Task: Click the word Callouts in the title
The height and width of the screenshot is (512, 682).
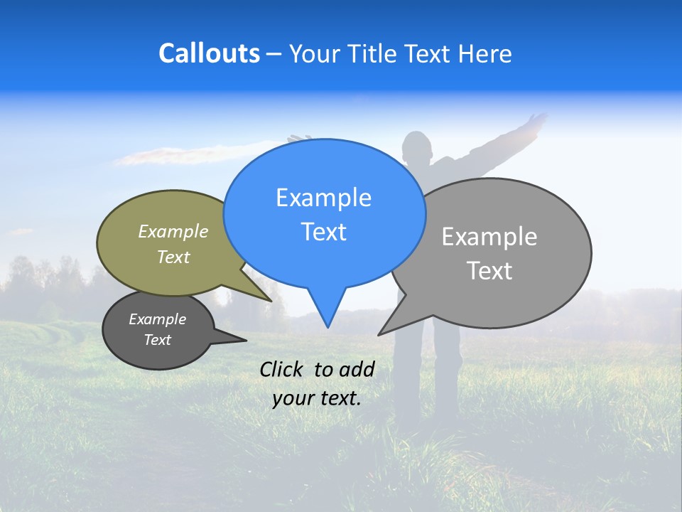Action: [209, 54]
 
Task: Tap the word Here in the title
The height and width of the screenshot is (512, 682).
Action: [485, 54]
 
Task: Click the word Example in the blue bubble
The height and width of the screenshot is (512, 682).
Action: [323, 198]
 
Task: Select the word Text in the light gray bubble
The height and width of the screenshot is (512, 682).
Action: [489, 271]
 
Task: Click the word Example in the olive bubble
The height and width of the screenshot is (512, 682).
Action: [173, 232]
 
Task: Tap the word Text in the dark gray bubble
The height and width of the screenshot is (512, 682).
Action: [157, 340]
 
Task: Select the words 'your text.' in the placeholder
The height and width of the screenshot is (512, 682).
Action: [316, 398]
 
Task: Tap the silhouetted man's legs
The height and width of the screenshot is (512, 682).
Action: [419, 377]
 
